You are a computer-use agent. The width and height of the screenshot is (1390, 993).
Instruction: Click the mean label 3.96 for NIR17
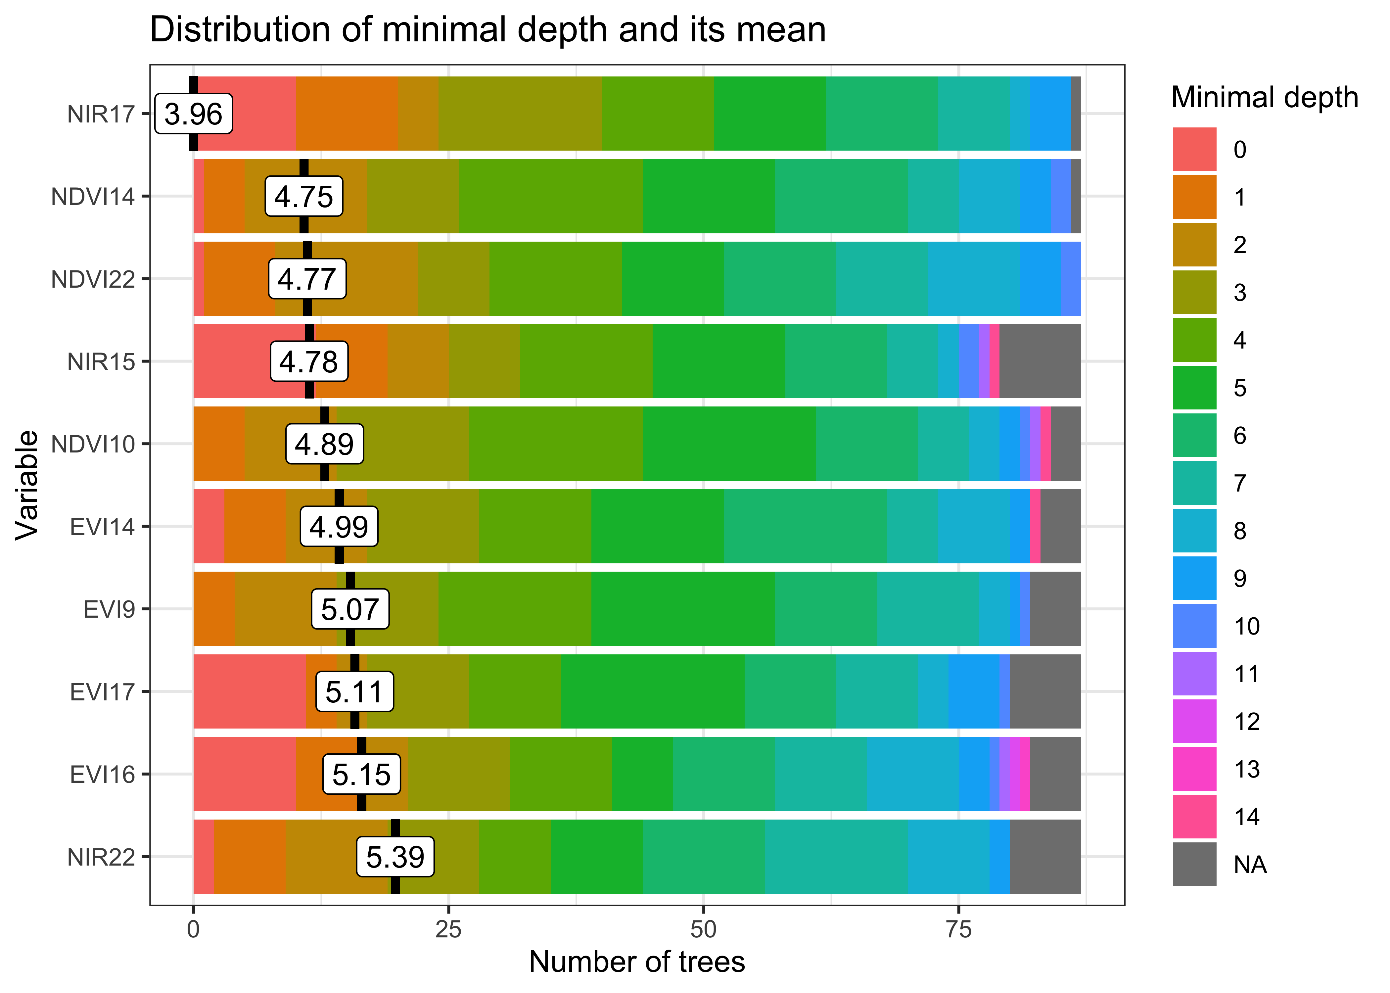point(194,114)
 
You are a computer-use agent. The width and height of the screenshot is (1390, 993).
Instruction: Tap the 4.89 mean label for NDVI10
point(325,444)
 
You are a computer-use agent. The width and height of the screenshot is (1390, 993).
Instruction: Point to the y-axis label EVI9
point(109,610)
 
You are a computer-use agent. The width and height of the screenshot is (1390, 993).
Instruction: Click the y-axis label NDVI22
point(93,279)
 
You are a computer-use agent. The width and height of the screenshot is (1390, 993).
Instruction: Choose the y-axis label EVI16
point(102,775)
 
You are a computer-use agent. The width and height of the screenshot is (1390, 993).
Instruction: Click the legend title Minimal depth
point(1264,98)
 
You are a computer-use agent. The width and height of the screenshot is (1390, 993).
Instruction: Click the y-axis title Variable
point(27,485)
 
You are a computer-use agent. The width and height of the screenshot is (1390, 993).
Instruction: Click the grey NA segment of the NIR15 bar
point(1040,361)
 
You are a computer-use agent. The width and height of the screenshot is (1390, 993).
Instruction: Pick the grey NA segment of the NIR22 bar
point(1044,857)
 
